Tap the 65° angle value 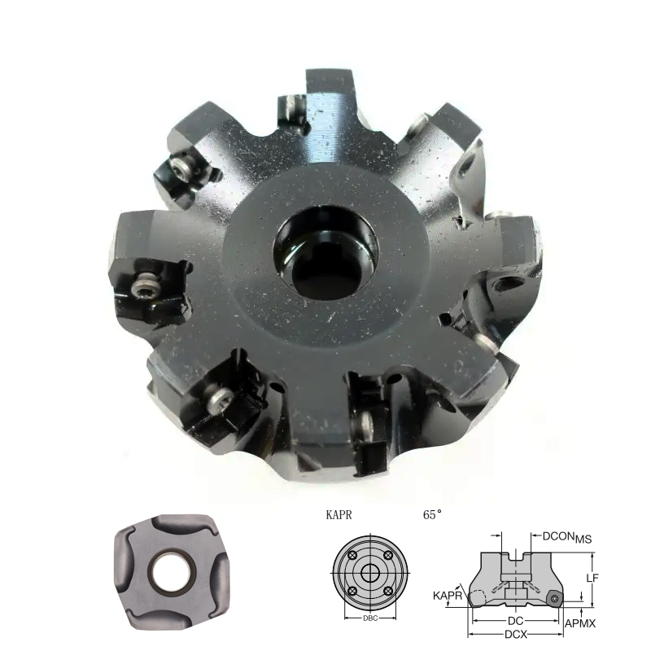click(432, 515)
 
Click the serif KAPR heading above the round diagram click(339, 515)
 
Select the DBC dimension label click(370, 618)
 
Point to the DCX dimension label click(516, 635)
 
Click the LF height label click(592, 578)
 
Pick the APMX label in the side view click(580, 623)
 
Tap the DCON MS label click(567, 537)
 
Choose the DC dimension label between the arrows click(516, 621)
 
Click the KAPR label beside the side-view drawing click(447, 596)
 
